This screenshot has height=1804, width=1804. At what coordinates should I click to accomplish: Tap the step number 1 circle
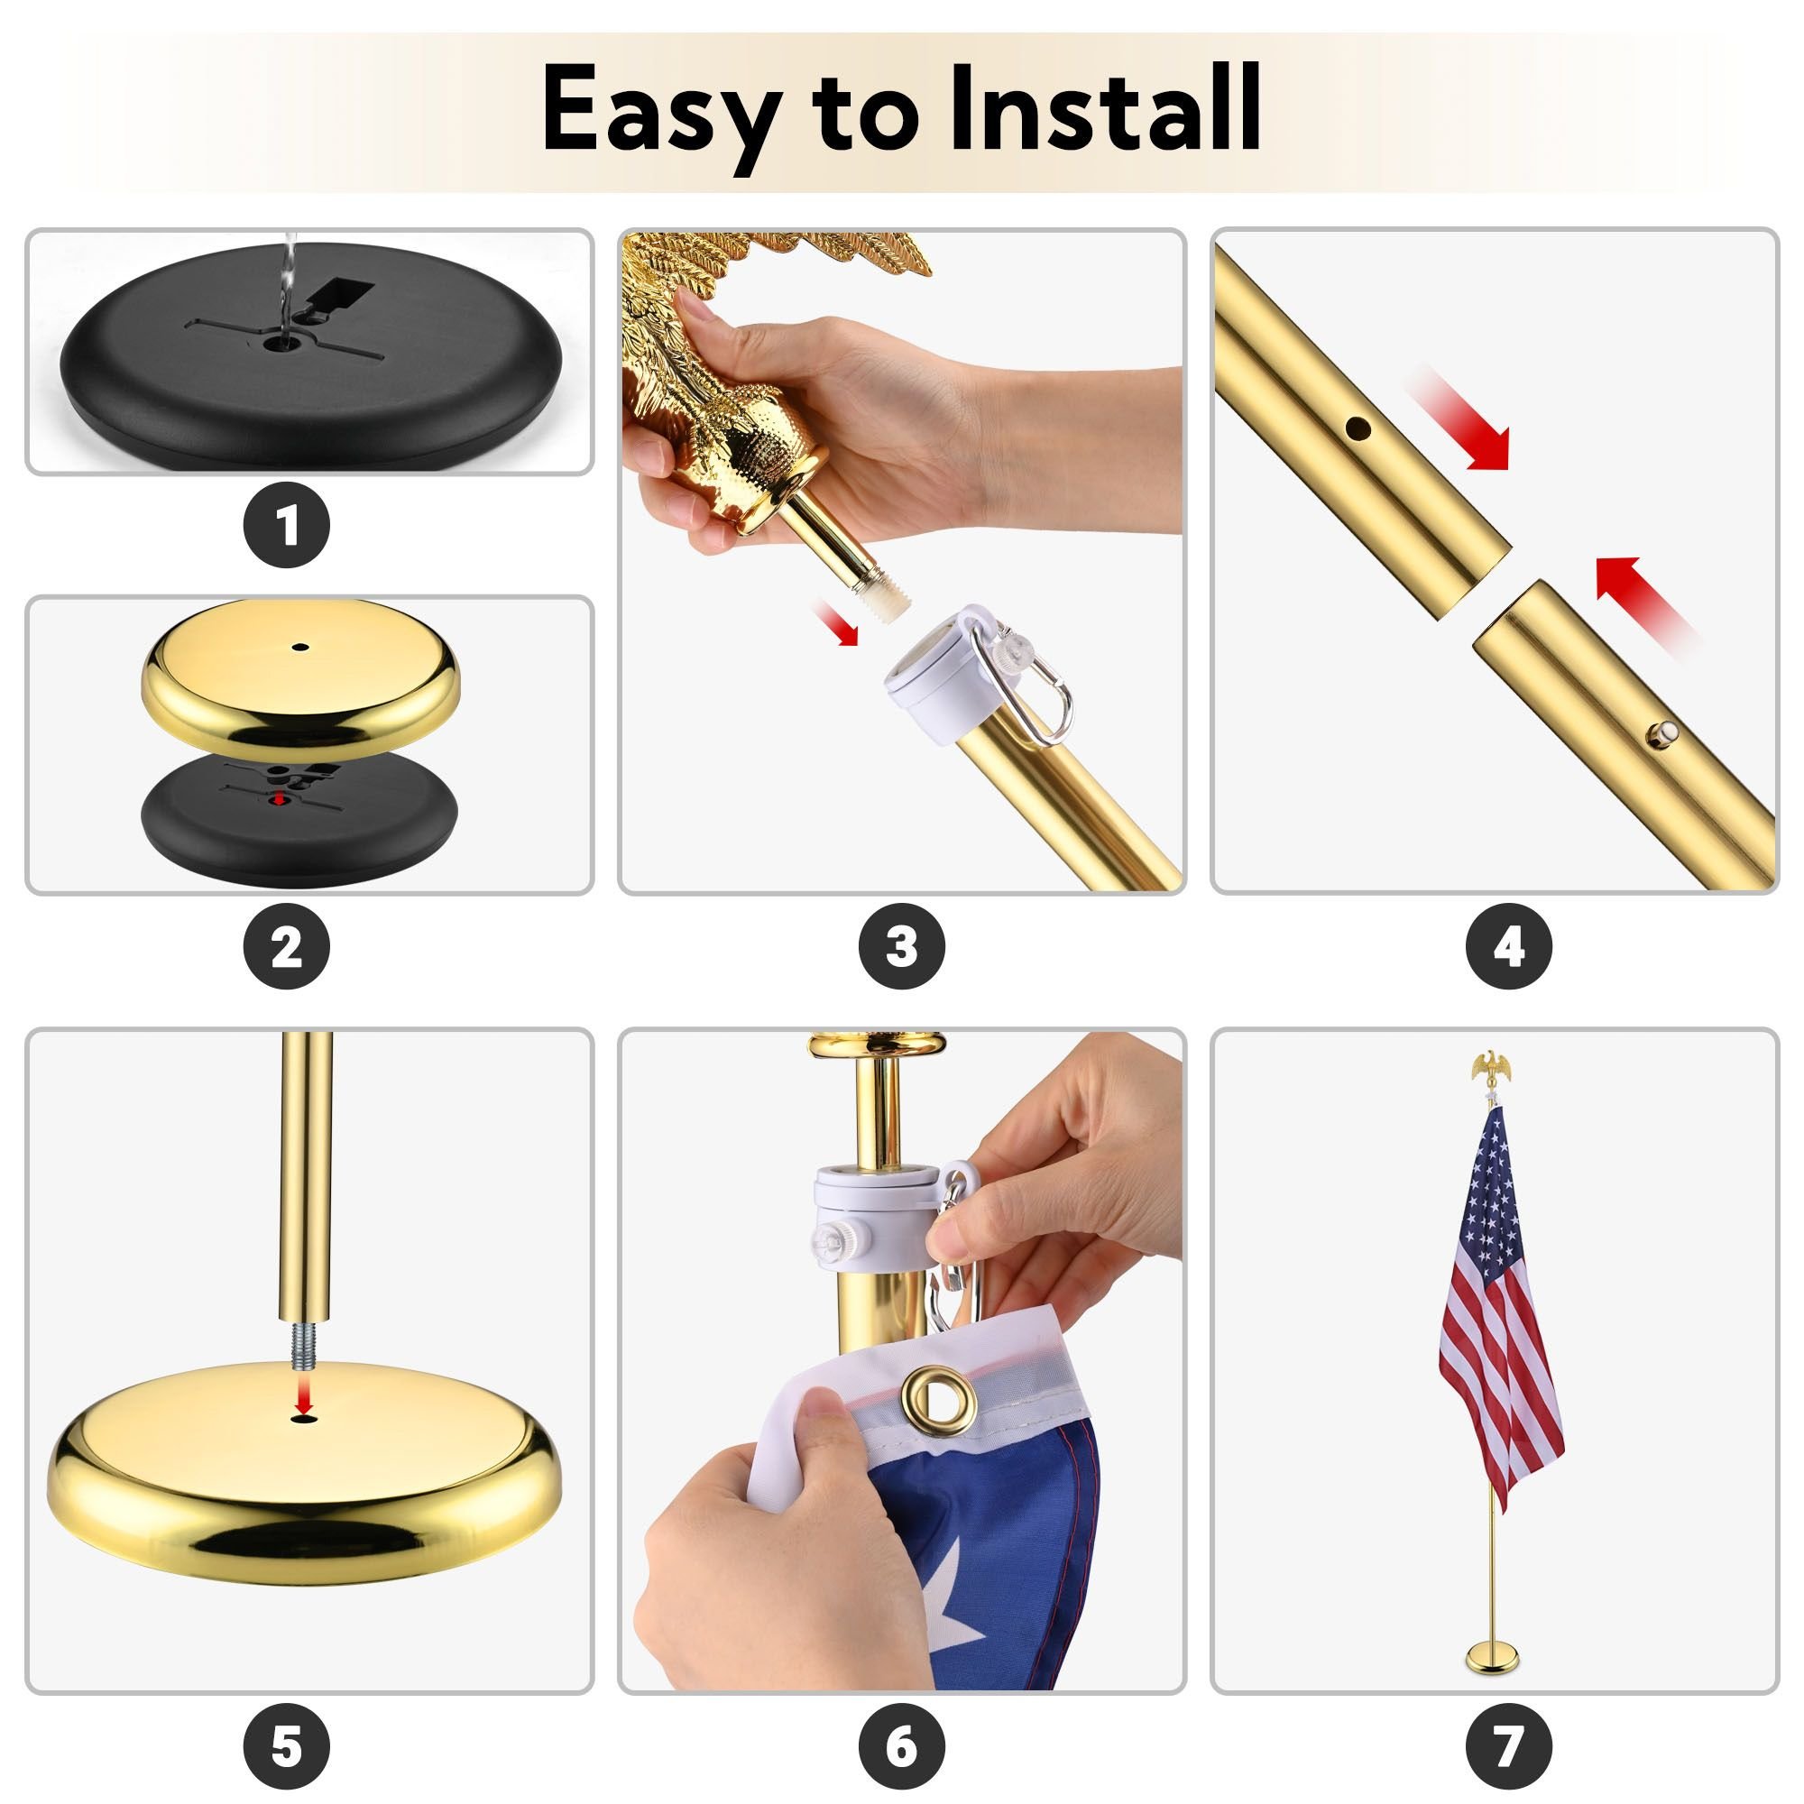[288, 526]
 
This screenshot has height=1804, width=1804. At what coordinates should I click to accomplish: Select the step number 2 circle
[288, 949]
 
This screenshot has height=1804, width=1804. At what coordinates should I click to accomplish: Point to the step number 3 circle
[901, 949]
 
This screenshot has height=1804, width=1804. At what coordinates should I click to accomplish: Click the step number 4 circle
[1509, 949]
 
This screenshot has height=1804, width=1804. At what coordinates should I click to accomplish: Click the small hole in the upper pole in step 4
[1357, 428]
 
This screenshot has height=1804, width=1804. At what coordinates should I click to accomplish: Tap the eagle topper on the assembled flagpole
[1490, 1068]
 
